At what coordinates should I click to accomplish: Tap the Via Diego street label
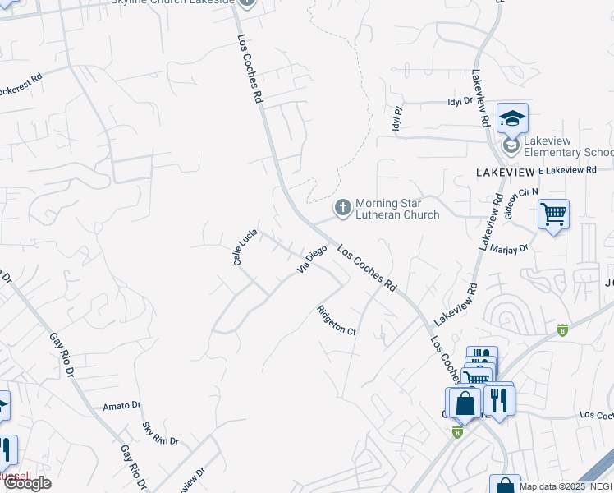click(311, 258)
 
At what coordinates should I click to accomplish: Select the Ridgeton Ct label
click(337, 320)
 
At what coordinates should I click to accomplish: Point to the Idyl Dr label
click(460, 101)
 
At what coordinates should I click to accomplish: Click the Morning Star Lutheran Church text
click(397, 209)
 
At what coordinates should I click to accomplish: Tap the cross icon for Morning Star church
click(341, 209)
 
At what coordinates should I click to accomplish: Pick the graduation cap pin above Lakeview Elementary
click(512, 119)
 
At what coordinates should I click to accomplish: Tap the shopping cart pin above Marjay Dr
click(553, 215)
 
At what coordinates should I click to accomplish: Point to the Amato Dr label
click(122, 406)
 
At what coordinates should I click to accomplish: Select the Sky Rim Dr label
click(160, 434)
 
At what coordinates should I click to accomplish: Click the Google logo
click(26, 482)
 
